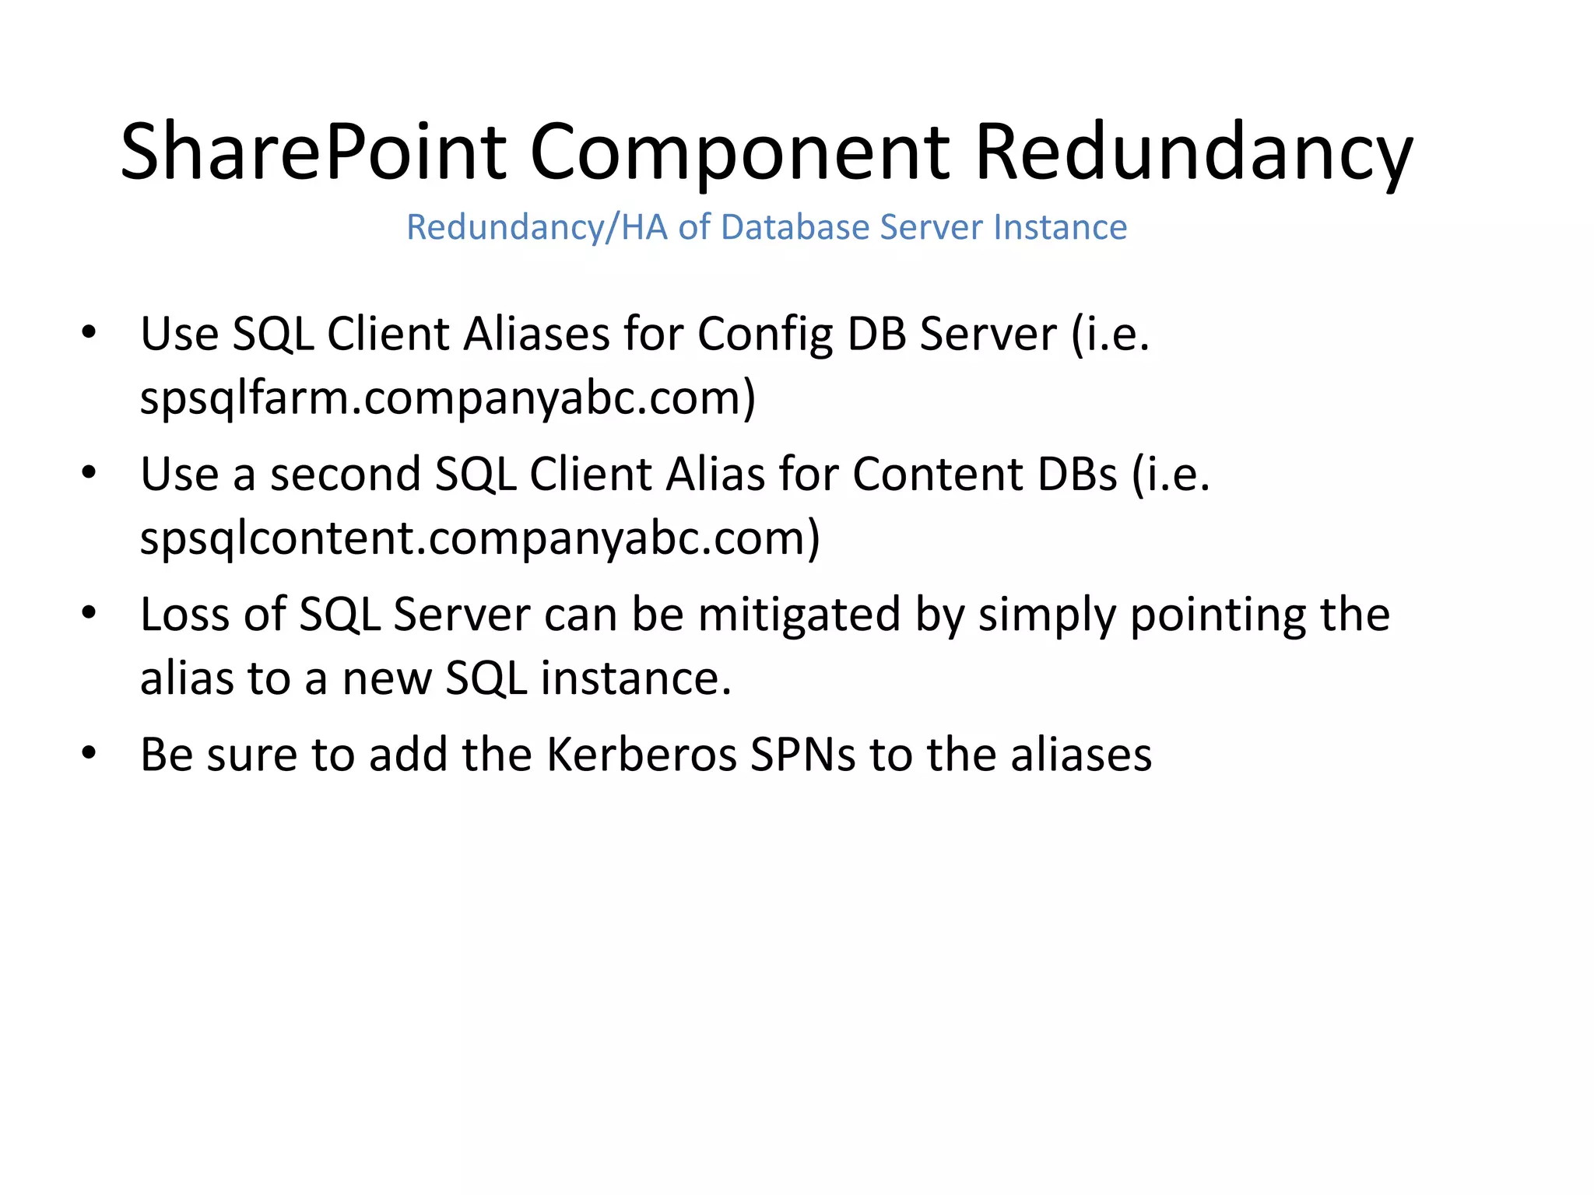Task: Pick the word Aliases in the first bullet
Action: [536, 334]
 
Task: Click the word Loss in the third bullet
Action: [184, 614]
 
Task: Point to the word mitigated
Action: [799, 615]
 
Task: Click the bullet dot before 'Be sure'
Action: [89, 752]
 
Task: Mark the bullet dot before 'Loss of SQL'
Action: [89, 612]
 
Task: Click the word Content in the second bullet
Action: [938, 474]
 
